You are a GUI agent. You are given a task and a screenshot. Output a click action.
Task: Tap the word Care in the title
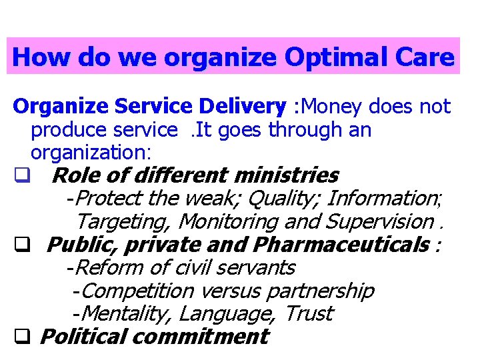point(425,57)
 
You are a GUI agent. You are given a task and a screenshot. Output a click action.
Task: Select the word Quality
point(281,198)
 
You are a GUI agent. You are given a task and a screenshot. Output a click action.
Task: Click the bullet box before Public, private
point(21,245)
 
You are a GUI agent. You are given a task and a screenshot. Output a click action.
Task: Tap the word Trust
point(309,313)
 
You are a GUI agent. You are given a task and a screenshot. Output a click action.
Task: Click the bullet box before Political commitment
point(21,337)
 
